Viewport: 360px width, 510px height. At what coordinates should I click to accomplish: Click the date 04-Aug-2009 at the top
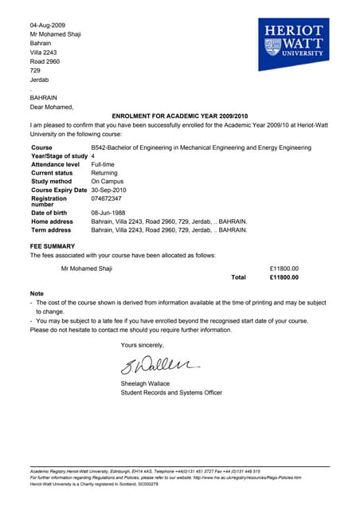point(49,25)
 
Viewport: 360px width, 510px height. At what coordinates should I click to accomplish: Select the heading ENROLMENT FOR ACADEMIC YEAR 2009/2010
point(180,116)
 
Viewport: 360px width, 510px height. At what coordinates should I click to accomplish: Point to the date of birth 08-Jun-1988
point(111,213)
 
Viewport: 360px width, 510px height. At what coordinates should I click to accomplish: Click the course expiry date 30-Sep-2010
point(111,190)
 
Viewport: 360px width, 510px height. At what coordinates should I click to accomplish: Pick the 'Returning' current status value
point(104,173)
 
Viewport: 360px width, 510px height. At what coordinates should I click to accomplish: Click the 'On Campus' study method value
point(108,182)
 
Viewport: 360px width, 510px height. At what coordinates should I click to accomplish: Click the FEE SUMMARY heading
point(53,246)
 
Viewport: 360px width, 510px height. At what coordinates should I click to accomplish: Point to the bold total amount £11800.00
point(284,277)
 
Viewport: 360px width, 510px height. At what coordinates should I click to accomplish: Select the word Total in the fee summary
point(238,277)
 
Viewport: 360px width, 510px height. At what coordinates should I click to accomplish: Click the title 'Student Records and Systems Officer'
point(171,393)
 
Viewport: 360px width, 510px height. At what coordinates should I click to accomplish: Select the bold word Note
point(37,294)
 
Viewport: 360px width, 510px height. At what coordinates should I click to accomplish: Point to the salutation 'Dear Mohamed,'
point(52,107)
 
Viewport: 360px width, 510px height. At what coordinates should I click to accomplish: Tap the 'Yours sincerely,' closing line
point(143,345)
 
